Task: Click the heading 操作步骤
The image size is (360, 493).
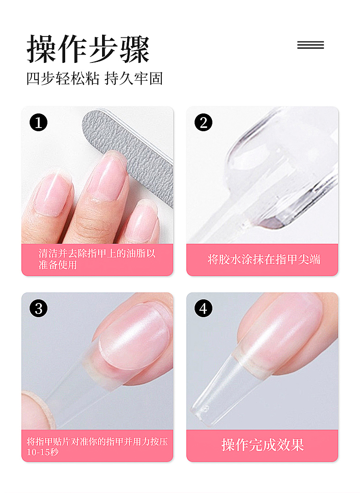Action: point(87,49)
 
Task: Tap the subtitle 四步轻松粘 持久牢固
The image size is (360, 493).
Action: point(94,79)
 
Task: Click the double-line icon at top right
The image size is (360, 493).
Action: point(311,45)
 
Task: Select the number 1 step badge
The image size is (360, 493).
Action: point(38,122)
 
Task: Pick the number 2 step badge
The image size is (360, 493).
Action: point(203,122)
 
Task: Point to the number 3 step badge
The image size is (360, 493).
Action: point(38,308)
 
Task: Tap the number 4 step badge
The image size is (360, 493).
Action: point(203,308)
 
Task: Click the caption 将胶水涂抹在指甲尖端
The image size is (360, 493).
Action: point(264,260)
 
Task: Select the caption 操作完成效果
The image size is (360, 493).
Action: point(262,445)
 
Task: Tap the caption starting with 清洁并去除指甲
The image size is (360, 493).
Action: point(97,259)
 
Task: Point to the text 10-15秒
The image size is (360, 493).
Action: point(42,452)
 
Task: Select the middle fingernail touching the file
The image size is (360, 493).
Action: point(108,175)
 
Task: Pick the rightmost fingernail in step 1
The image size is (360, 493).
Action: point(143,220)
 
